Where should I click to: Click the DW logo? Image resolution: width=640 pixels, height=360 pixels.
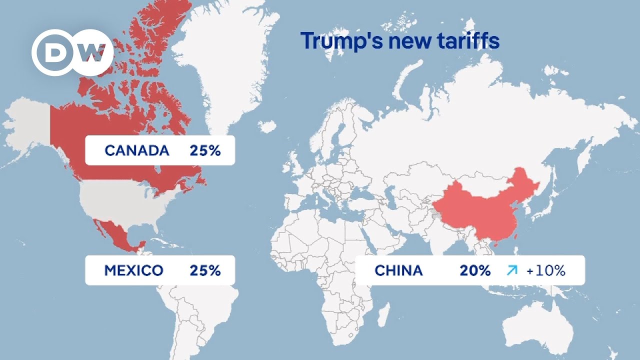pos(73,52)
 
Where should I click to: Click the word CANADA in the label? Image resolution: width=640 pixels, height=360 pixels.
pos(137,150)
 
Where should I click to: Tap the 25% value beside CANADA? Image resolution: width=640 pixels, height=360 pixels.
pos(205,150)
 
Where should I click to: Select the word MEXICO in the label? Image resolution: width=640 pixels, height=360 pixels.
pos(133,270)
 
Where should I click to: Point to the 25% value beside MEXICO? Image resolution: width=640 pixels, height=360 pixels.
pos(205,270)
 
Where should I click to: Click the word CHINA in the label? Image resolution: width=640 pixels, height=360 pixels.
pos(398,270)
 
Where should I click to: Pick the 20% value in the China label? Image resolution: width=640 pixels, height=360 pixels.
pos(475,270)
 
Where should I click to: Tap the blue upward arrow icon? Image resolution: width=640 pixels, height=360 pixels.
pos(511,270)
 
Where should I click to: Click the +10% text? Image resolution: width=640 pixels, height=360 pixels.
pos(545,270)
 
